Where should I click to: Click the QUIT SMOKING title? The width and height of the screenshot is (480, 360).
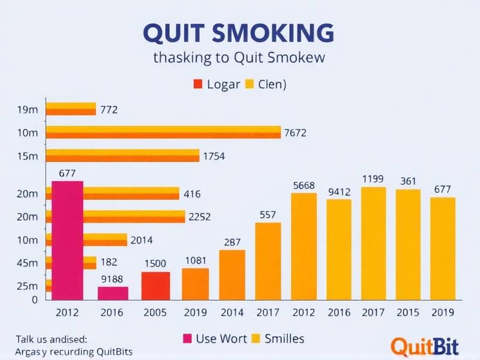(239, 33)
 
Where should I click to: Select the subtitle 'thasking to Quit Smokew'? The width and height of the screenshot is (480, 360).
(239, 58)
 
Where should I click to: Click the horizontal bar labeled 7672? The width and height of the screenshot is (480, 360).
(163, 132)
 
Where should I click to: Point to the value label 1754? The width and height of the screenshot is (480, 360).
(214, 156)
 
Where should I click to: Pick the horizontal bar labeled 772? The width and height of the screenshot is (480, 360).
(71, 109)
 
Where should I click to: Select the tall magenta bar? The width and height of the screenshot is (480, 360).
(68, 240)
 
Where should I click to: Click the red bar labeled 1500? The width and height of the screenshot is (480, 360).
(155, 286)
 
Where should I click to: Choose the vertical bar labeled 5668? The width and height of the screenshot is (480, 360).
(304, 246)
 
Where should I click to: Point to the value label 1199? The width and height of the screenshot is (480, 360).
(373, 179)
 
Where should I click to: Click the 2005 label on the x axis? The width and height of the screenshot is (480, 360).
(155, 313)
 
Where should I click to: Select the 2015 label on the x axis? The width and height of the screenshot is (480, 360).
(408, 313)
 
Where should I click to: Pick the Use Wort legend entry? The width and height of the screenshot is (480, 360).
(214, 339)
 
